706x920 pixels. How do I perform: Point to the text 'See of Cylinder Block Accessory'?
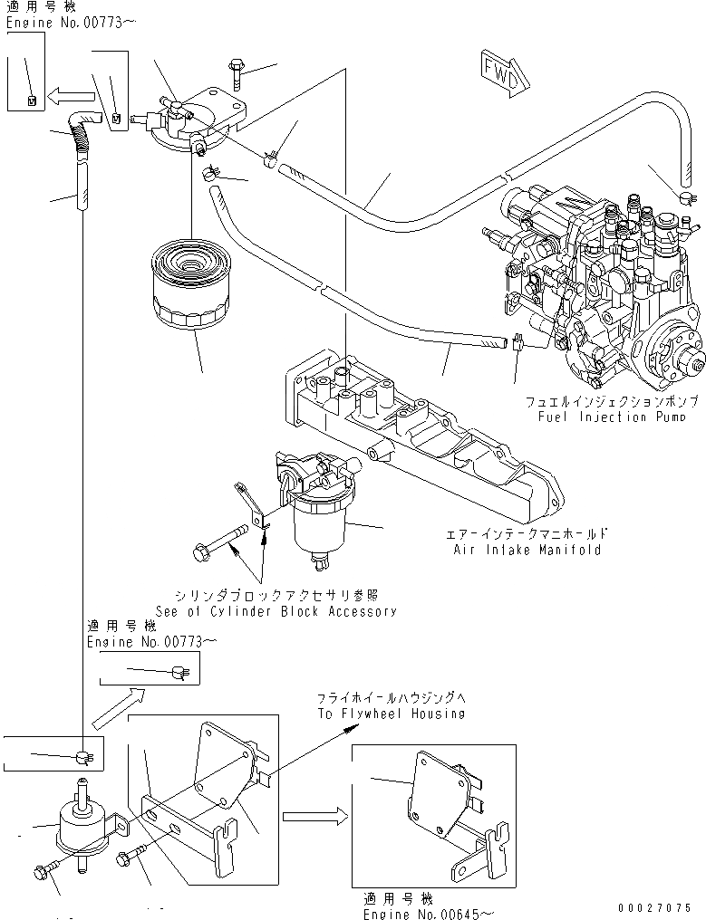tap(276, 610)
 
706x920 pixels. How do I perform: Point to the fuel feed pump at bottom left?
tap(83, 820)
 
